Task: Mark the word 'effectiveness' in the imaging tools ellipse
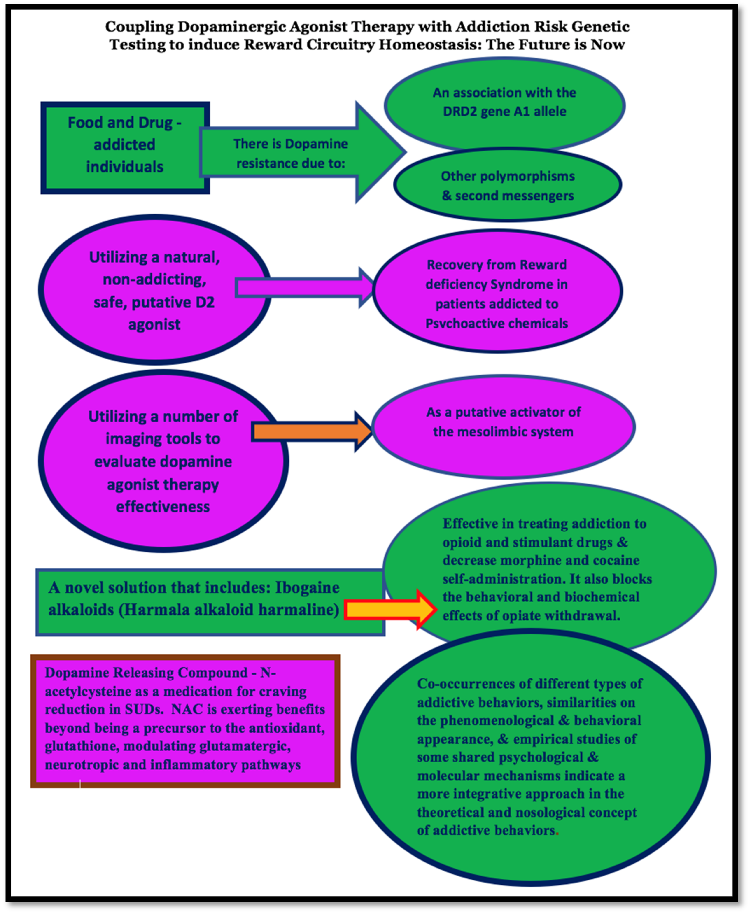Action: (x=163, y=506)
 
